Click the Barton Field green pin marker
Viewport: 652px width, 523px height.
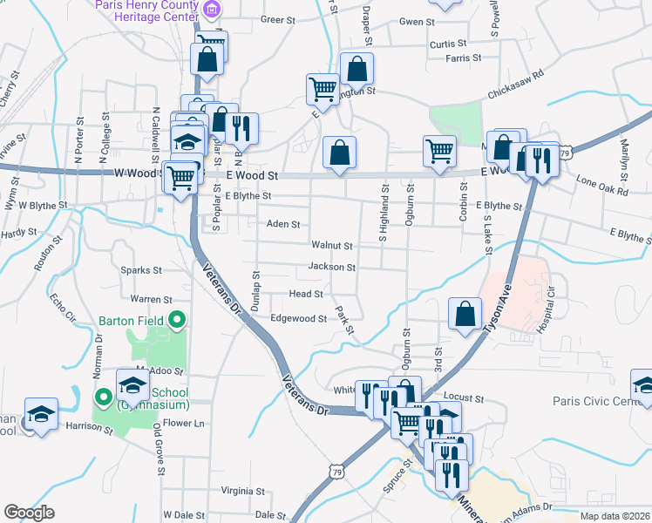[x=178, y=320]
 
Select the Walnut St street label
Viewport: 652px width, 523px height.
[x=330, y=247]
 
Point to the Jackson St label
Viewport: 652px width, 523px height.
[x=331, y=268]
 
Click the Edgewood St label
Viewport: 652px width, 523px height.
[x=298, y=319]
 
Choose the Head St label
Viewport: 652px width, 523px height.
[x=306, y=295]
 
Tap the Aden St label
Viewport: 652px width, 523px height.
[x=282, y=224]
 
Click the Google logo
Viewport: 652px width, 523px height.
[x=29, y=513]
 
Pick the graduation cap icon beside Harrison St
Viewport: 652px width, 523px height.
[x=41, y=415]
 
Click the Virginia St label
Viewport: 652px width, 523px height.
[x=242, y=491]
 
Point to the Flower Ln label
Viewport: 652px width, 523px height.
[x=184, y=424]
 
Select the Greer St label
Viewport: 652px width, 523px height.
[x=279, y=19]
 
